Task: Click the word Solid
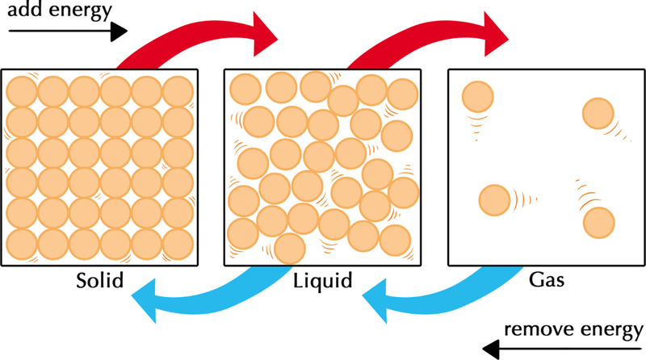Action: point(99,283)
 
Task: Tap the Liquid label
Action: point(322,283)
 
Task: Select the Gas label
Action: point(546,283)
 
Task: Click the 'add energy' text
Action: point(58,11)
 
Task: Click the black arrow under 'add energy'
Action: point(68,31)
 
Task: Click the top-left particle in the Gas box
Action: point(476,98)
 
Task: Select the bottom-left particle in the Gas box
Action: point(494,199)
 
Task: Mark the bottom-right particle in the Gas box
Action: point(598,222)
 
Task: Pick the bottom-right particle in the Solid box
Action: point(177,241)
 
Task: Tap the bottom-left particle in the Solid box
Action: point(20,241)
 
